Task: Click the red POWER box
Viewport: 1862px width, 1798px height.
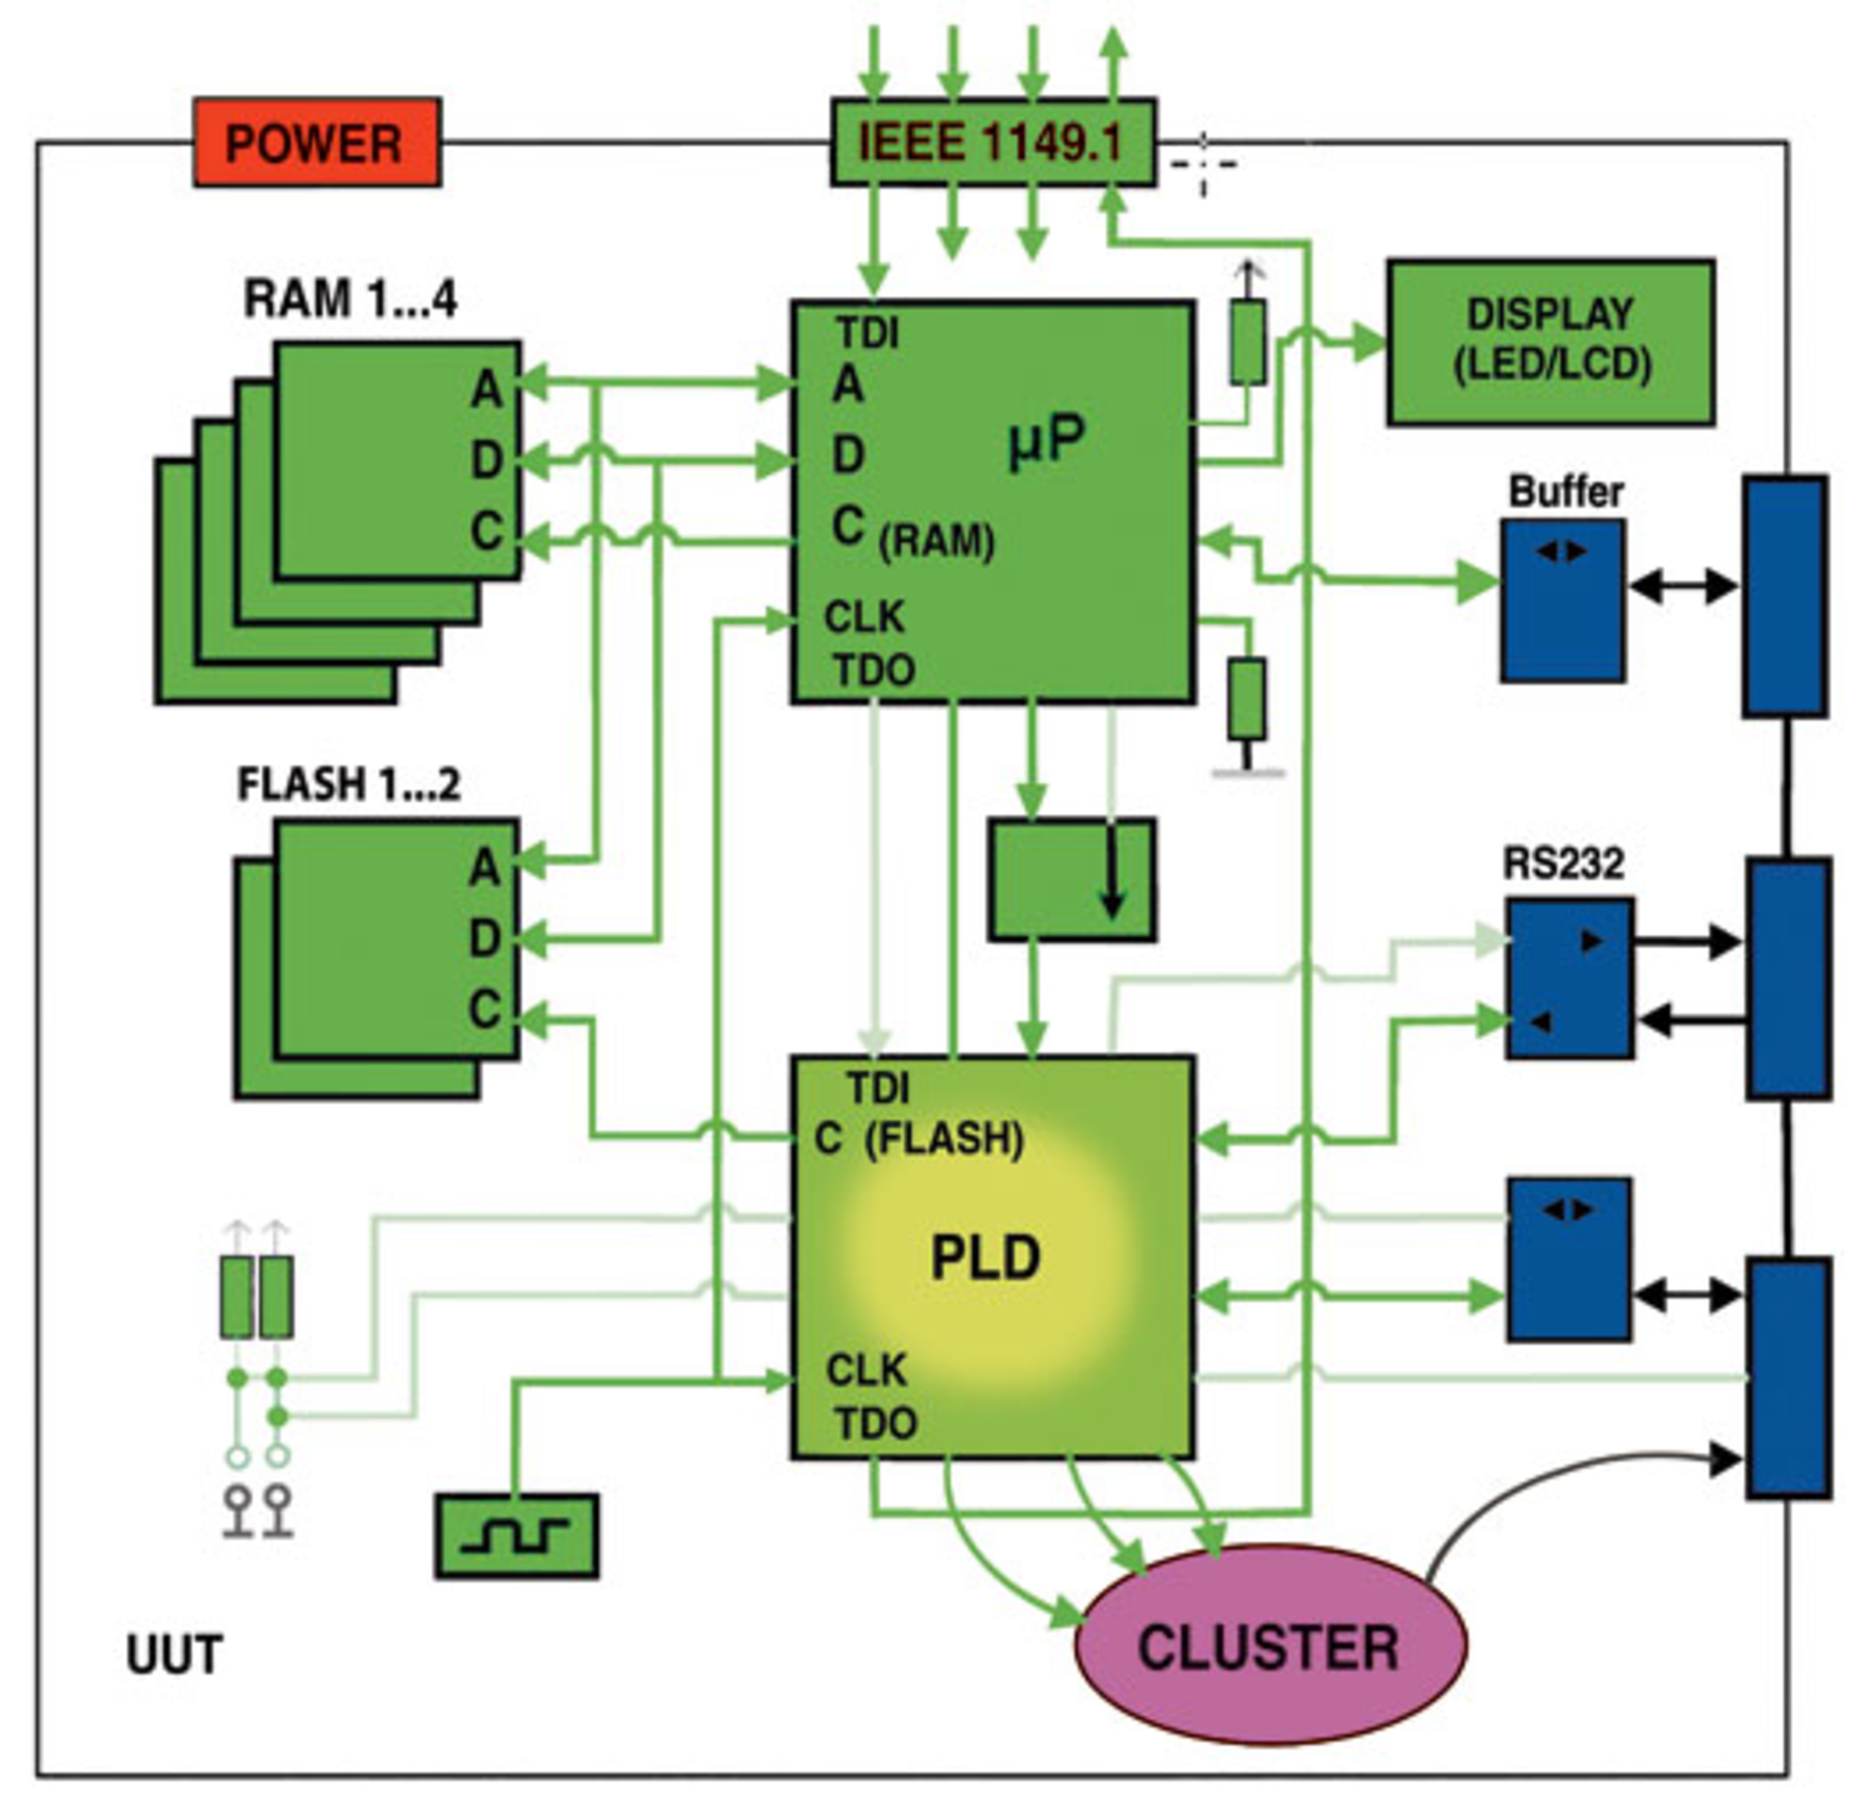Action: click(317, 143)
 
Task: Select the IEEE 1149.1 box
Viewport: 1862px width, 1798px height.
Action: click(991, 143)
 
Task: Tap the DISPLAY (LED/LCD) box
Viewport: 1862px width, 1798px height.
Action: click(1550, 341)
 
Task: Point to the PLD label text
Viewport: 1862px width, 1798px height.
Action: click(985, 1258)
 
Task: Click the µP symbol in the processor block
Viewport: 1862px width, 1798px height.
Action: click(1045, 441)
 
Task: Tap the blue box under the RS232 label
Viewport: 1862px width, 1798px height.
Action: click(1568, 979)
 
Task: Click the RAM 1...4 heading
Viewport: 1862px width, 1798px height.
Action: click(349, 299)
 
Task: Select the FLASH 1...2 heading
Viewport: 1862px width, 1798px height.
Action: click(348, 784)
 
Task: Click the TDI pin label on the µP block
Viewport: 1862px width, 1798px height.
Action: click(868, 334)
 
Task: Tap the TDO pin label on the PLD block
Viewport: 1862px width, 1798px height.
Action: click(876, 1425)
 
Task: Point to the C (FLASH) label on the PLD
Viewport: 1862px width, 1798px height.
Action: click(918, 1139)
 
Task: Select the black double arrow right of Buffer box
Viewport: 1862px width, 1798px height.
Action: click(1683, 586)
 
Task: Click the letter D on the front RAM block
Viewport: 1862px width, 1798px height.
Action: click(487, 460)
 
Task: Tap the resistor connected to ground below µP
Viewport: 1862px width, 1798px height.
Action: click(1246, 698)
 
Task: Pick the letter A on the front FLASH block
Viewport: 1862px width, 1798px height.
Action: click(485, 866)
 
